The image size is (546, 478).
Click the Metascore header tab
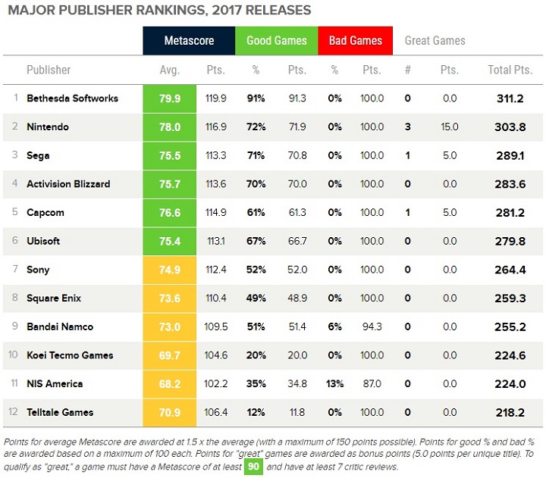(x=189, y=41)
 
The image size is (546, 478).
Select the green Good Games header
(x=276, y=41)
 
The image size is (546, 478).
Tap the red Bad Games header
(x=355, y=41)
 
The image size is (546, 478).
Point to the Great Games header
(x=435, y=41)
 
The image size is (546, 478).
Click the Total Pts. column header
(x=509, y=70)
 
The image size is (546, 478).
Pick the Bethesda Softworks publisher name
(x=72, y=98)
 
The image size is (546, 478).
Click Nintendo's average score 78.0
(x=170, y=127)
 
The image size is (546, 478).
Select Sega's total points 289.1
(x=510, y=155)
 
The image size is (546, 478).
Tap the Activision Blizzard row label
(x=68, y=184)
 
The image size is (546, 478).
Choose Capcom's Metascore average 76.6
(x=170, y=213)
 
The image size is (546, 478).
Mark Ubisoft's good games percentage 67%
(x=256, y=241)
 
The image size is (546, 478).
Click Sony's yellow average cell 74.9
(x=170, y=270)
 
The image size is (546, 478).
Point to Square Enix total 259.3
(x=510, y=298)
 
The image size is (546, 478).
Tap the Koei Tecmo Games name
(x=70, y=355)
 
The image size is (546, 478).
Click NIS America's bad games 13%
(x=334, y=384)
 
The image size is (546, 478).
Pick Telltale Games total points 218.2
(x=510, y=412)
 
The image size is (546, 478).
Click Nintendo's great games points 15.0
(x=449, y=127)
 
